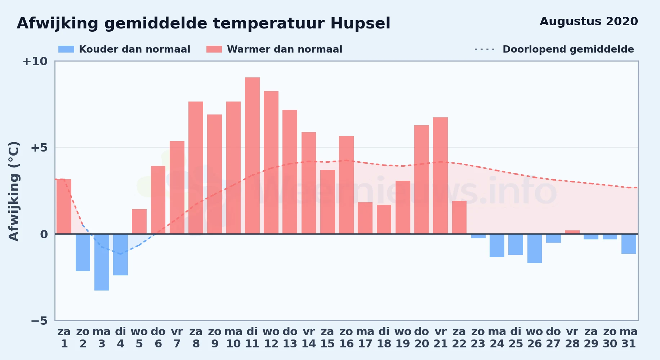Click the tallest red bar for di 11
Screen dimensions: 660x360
[x=252, y=156]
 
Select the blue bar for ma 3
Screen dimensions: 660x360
[x=102, y=262]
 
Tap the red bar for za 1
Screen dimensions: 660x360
[x=64, y=207]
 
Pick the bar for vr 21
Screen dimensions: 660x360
[x=440, y=176]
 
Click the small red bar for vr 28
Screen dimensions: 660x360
[x=572, y=232]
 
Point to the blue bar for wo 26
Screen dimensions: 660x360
[x=535, y=248]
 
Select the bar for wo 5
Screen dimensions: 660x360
[x=139, y=221]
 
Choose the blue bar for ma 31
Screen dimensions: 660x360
[x=629, y=244]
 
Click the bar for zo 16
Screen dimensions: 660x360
[x=346, y=185]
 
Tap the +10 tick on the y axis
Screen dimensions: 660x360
[x=35, y=61]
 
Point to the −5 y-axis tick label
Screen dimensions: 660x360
[x=39, y=320]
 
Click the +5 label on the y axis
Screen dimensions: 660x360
[x=39, y=148]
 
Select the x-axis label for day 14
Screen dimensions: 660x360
[x=309, y=338]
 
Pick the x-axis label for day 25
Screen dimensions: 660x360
[x=516, y=338]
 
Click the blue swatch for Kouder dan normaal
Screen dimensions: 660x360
[x=66, y=49]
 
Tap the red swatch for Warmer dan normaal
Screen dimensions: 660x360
[x=214, y=49]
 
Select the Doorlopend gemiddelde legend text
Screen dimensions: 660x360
[x=568, y=49]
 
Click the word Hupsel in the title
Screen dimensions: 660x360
[x=360, y=24]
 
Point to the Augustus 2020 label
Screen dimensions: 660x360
[x=589, y=21]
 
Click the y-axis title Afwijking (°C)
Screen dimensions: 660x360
[x=14, y=191]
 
